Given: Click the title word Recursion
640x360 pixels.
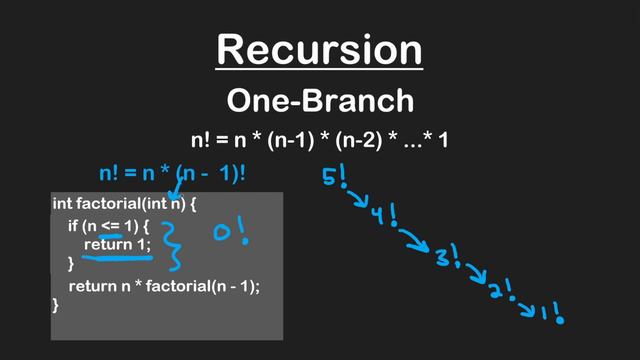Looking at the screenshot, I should (x=319, y=48).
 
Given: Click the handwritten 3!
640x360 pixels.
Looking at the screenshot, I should (x=446, y=258).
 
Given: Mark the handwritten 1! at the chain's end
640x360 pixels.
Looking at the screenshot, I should (x=551, y=313).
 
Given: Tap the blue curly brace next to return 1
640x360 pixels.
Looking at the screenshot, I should (x=175, y=246).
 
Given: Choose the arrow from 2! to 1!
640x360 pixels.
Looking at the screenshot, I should (x=526, y=304).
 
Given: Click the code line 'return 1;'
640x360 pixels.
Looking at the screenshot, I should (x=121, y=245).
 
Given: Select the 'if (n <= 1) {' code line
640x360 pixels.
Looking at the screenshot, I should (x=108, y=225).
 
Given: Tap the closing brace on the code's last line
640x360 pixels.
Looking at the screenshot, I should (x=56, y=305).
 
